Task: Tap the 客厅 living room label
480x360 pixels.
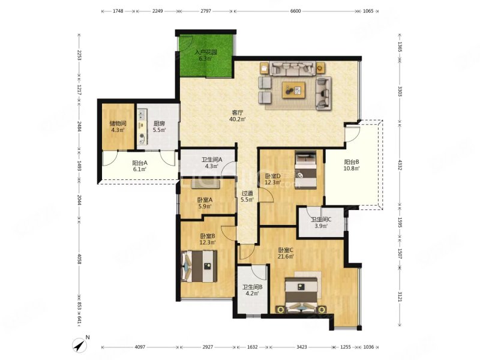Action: tap(237, 112)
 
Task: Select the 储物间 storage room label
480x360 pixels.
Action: tap(118, 124)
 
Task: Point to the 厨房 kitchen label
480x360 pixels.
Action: tap(159, 124)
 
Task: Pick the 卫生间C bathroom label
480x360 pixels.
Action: tap(321, 220)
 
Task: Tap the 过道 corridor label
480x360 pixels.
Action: tap(247, 193)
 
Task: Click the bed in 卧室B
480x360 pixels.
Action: tap(199, 266)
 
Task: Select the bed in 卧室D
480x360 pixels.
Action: tap(305, 169)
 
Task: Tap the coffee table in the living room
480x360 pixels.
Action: tap(294, 90)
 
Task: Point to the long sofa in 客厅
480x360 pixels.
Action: tap(292, 68)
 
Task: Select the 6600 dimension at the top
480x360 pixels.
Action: tap(295, 11)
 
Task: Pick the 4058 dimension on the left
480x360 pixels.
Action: tap(79, 259)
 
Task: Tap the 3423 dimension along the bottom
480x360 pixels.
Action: tap(302, 347)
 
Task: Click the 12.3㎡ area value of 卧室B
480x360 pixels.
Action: tap(208, 242)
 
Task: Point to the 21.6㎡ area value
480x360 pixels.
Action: tap(286, 256)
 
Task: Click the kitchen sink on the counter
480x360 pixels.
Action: tap(142, 115)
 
